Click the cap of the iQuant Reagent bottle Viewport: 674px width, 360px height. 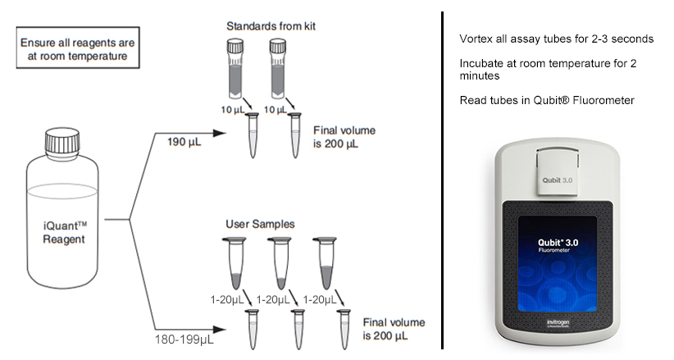coord(62,141)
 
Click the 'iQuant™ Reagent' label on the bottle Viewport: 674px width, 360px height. coord(64,232)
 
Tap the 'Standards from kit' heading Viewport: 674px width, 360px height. coord(271,26)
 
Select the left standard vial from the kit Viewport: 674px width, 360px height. coord(235,69)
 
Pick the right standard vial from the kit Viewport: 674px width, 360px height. coord(278,69)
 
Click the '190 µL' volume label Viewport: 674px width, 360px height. coord(184,142)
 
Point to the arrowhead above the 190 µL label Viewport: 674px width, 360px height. coord(220,134)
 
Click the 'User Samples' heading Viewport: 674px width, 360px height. coord(260,224)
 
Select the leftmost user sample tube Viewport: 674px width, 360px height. coord(235,262)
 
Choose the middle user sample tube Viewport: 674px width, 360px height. coord(280,262)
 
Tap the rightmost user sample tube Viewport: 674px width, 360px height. coord(325,262)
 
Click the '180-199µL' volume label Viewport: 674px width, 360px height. coord(184,339)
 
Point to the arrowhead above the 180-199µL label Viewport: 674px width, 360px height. coord(220,330)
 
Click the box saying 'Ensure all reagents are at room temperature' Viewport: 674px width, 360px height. coord(78,48)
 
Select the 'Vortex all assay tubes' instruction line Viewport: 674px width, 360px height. coord(556,39)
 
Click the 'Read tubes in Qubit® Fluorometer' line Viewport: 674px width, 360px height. coord(547,100)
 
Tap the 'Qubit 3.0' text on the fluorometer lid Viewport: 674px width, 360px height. coord(557,180)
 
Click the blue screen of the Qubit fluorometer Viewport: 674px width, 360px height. coord(558,263)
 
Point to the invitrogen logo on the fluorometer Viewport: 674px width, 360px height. coord(558,322)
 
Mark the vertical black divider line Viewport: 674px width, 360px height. coord(442,180)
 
